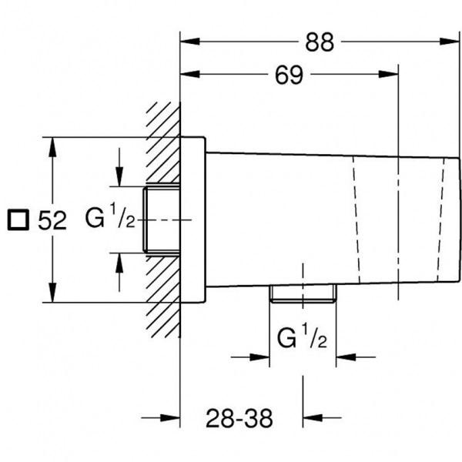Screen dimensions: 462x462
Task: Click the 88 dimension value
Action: [320, 42]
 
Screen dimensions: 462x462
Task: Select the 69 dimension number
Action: [289, 75]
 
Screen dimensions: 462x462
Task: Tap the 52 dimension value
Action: [52, 220]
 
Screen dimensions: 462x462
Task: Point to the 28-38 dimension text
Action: [239, 418]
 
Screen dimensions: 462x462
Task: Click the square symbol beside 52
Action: [18, 219]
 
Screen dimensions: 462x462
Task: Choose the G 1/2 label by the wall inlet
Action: [110, 216]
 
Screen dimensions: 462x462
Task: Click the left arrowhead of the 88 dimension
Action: [190, 42]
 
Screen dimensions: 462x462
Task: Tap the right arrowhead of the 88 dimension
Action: [450, 42]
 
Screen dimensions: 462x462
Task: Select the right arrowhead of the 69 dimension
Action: [388, 74]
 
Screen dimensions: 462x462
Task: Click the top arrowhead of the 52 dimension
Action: [52, 147]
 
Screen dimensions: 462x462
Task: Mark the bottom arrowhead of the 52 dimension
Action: [52, 293]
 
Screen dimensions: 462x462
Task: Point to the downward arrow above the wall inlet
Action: [119, 167]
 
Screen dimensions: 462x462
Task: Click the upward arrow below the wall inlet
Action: [119, 273]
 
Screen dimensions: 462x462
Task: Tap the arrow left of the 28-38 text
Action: [161, 417]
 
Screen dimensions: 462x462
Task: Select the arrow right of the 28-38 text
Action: [322, 417]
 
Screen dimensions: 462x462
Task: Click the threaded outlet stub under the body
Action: [303, 293]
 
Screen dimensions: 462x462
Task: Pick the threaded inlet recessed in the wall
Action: [162, 219]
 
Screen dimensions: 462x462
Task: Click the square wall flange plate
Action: [193, 219]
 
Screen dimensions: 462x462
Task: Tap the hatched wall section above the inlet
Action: [163, 143]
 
